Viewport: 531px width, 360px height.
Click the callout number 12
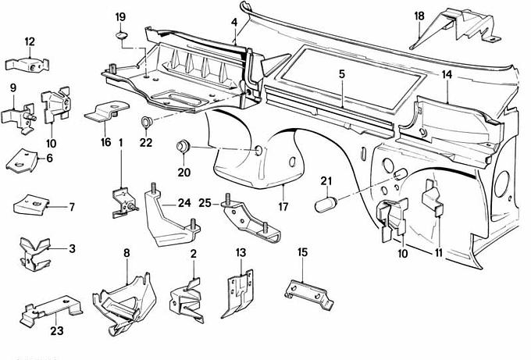(30, 42)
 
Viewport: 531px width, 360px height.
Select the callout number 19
(120, 17)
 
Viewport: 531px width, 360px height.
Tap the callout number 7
(71, 207)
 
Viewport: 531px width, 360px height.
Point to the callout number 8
(127, 251)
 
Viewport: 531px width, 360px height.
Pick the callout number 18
(419, 16)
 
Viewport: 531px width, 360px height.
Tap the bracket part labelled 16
(104, 114)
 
